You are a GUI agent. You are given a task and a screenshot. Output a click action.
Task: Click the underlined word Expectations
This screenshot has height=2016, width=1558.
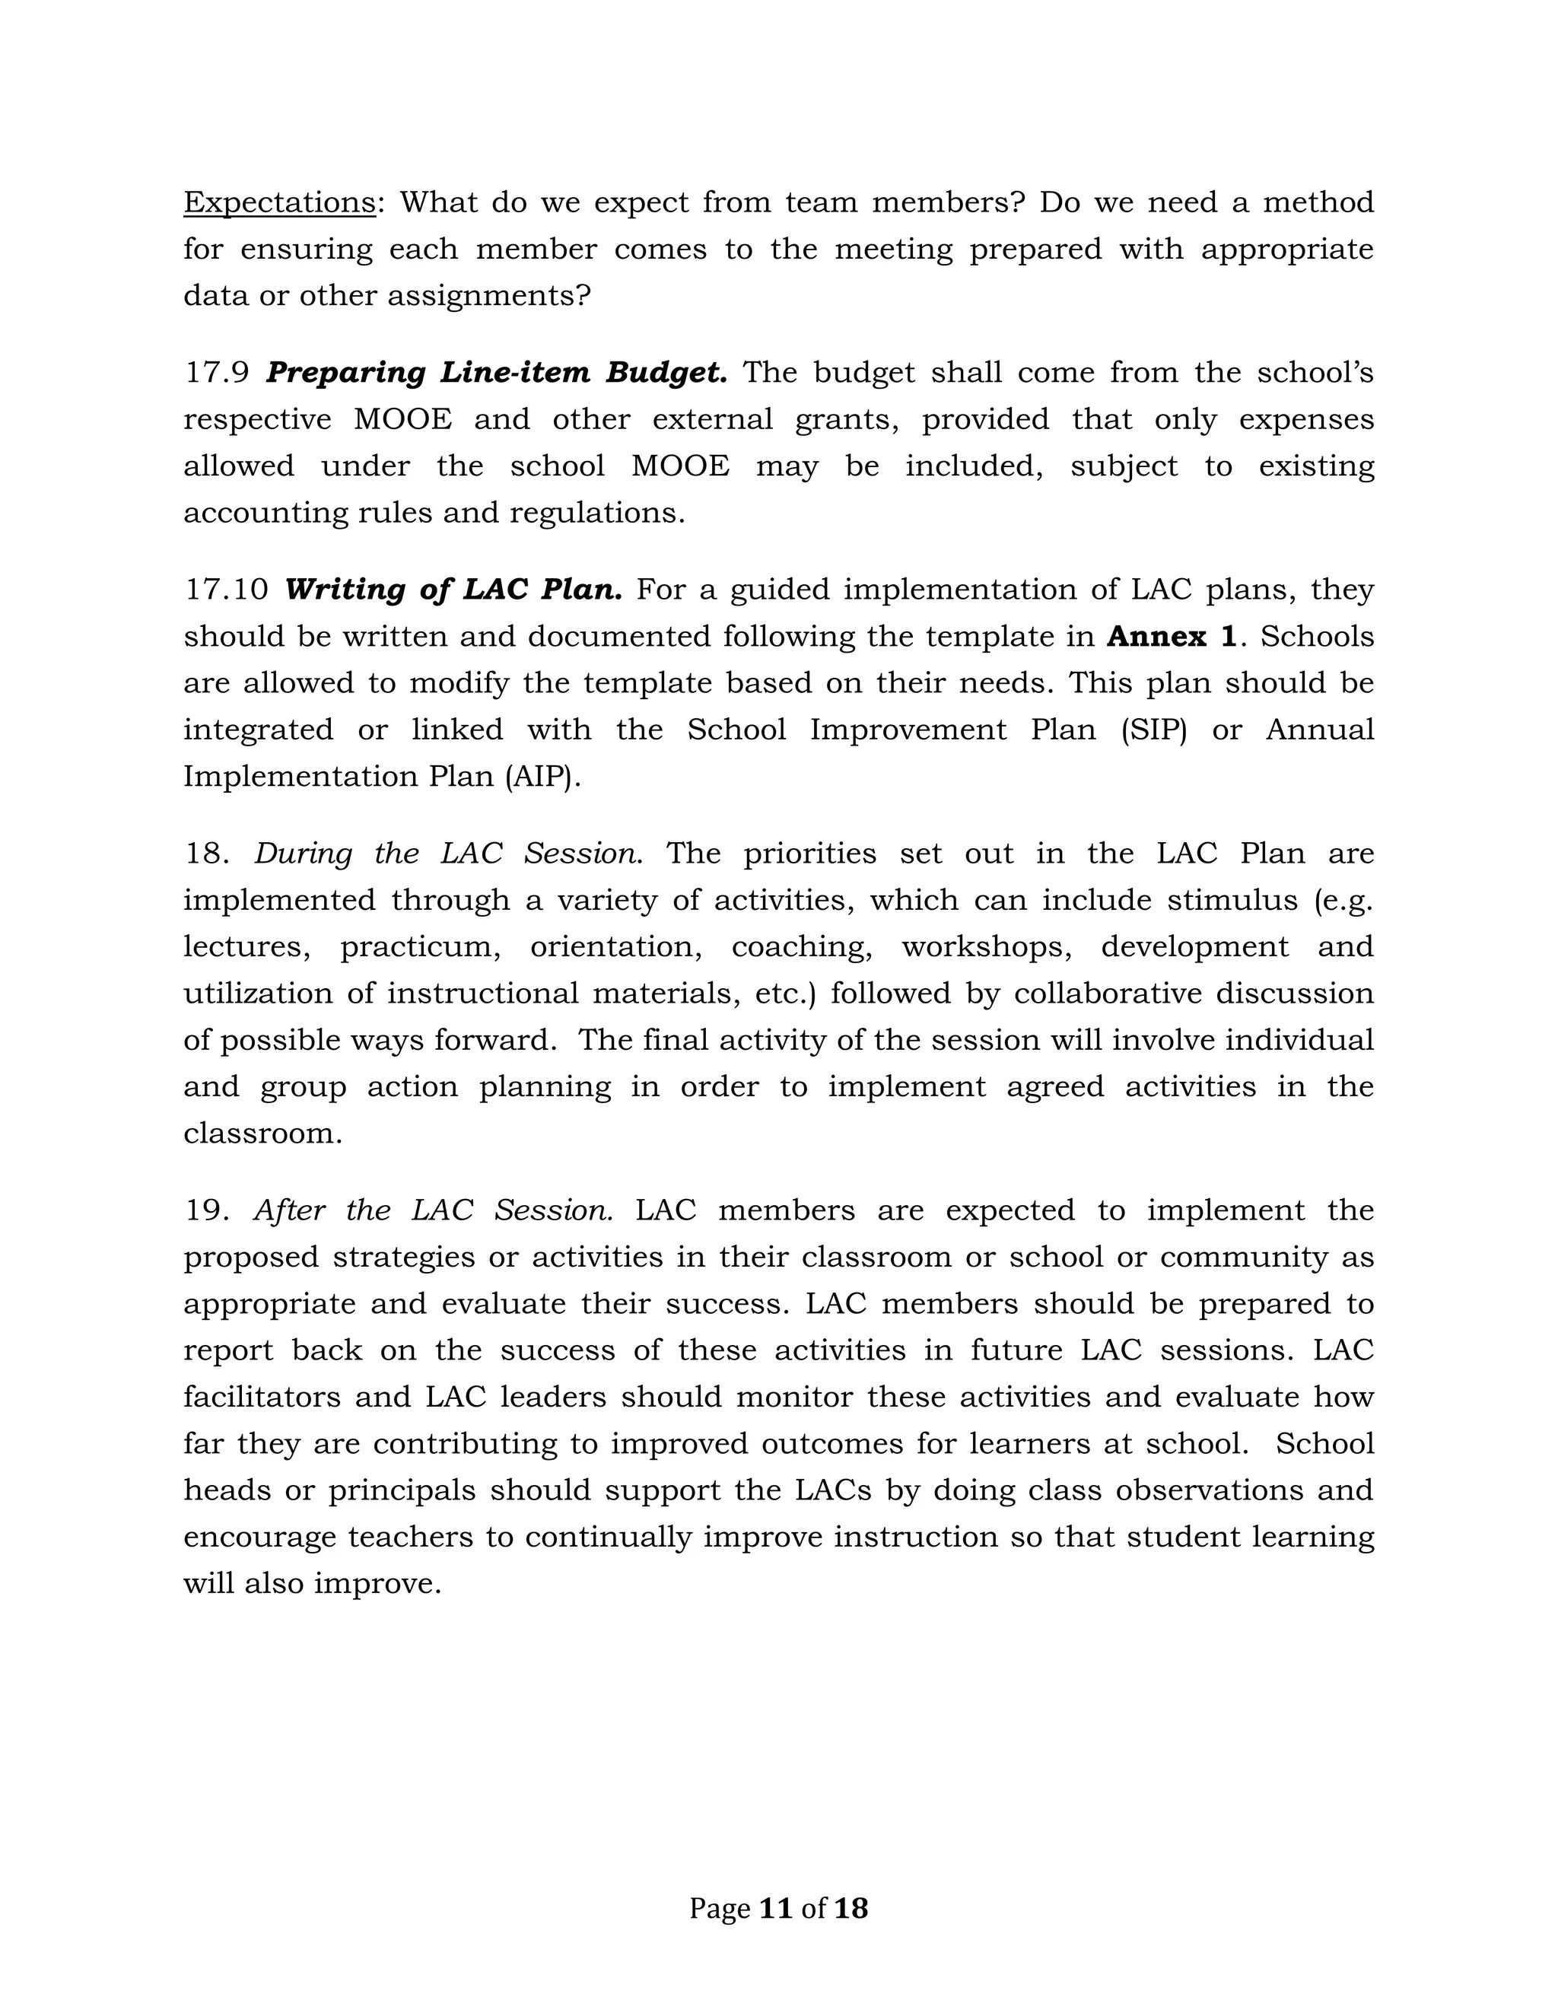pyautogui.click(x=278, y=202)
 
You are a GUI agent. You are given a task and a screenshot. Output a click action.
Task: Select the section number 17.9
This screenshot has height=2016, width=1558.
pyautogui.click(x=217, y=373)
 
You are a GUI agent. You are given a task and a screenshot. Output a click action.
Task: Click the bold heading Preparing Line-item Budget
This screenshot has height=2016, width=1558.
pyautogui.click(x=497, y=373)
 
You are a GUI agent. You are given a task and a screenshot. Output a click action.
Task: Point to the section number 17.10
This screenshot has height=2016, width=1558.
pyautogui.click(x=226, y=590)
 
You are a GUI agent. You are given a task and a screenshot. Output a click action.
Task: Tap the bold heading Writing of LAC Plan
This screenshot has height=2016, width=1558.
pyautogui.click(x=453, y=590)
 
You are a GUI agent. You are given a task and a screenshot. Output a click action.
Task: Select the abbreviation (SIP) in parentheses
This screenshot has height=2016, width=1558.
pyautogui.click(x=1154, y=730)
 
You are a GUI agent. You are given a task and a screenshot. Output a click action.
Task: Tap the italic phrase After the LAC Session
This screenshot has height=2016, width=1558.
pyautogui.click(x=433, y=1210)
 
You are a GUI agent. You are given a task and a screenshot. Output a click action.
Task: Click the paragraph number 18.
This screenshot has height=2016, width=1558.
pyautogui.click(x=207, y=854)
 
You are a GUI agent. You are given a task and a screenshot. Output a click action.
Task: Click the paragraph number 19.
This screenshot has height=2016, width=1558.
pyautogui.click(x=207, y=1210)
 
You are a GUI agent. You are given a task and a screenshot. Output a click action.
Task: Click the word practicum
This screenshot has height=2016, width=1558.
pyautogui.click(x=420, y=948)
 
